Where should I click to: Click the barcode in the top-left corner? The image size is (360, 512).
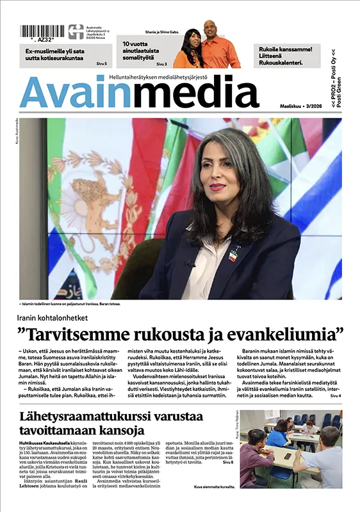click(42, 31)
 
